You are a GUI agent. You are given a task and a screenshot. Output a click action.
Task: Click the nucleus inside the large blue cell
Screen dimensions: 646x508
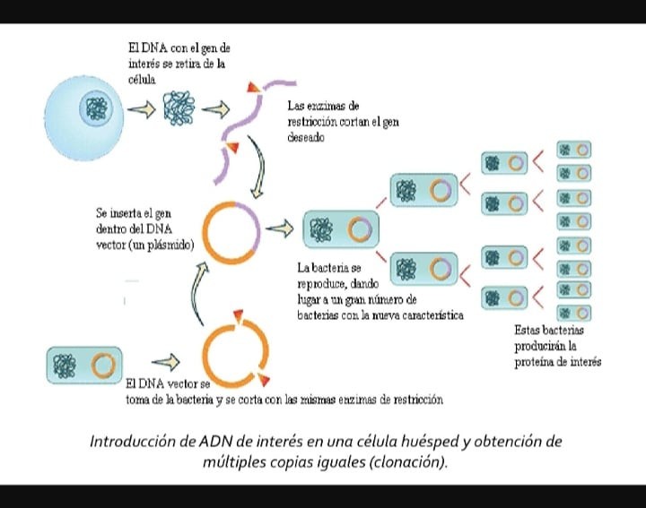point(96,108)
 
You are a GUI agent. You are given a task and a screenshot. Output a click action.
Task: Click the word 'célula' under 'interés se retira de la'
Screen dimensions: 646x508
point(142,80)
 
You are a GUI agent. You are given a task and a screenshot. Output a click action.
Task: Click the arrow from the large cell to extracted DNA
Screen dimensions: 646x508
point(142,109)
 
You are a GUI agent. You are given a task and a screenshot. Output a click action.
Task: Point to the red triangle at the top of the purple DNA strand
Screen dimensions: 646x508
point(252,87)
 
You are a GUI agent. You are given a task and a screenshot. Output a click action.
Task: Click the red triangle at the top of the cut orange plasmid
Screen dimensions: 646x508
point(238,316)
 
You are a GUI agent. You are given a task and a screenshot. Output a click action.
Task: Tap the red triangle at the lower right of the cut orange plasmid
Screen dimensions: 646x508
point(263,380)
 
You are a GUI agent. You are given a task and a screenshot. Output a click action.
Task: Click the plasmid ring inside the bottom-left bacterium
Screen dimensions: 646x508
point(103,366)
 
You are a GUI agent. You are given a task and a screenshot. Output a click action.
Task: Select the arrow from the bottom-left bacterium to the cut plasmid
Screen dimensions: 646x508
point(166,362)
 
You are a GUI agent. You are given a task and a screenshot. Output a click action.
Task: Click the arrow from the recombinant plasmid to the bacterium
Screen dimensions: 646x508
point(279,228)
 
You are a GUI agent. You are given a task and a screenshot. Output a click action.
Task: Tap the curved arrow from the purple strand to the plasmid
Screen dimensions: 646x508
point(258,167)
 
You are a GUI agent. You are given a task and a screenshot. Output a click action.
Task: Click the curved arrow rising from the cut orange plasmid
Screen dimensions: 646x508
point(199,292)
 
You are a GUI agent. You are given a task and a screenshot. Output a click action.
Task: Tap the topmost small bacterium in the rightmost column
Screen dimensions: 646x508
point(573,150)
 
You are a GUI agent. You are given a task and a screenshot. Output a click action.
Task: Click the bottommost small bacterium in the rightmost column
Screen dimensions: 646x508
point(573,313)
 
